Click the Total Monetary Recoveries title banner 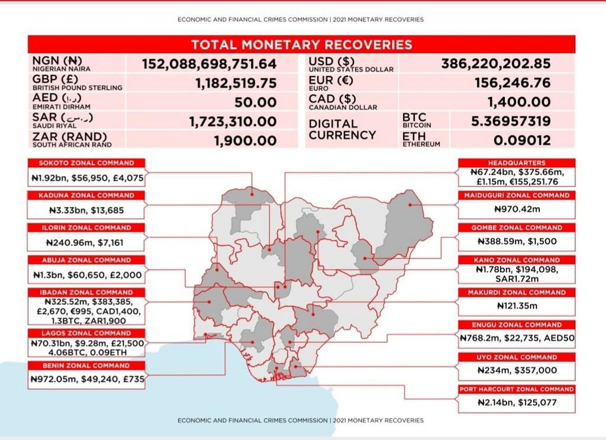pyautogui.click(x=301, y=44)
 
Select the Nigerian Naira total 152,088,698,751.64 pyautogui.click(x=209, y=64)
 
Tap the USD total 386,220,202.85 pyautogui.click(x=496, y=63)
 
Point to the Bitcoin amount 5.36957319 pyautogui.click(x=511, y=121)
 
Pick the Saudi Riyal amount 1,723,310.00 pyautogui.click(x=233, y=121)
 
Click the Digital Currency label pyautogui.click(x=342, y=130)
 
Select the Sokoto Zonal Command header pyautogui.click(x=86, y=163)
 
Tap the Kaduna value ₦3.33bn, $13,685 pyautogui.click(x=86, y=210)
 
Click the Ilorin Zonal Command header pyautogui.click(x=86, y=227)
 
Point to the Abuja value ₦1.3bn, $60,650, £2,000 pyautogui.click(x=86, y=275)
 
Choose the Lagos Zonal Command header pyautogui.click(x=86, y=333)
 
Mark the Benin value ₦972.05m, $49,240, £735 pyautogui.click(x=86, y=380)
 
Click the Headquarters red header pyautogui.click(x=517, y=162)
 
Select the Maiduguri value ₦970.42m pyautogui.click(x=517, y=209)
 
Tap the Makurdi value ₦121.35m pyautogui.click(x=517, y=306)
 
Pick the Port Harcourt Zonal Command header pyautogui.click(x=517, y=389)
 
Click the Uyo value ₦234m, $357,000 pyautogui.click(x=517, y=370)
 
